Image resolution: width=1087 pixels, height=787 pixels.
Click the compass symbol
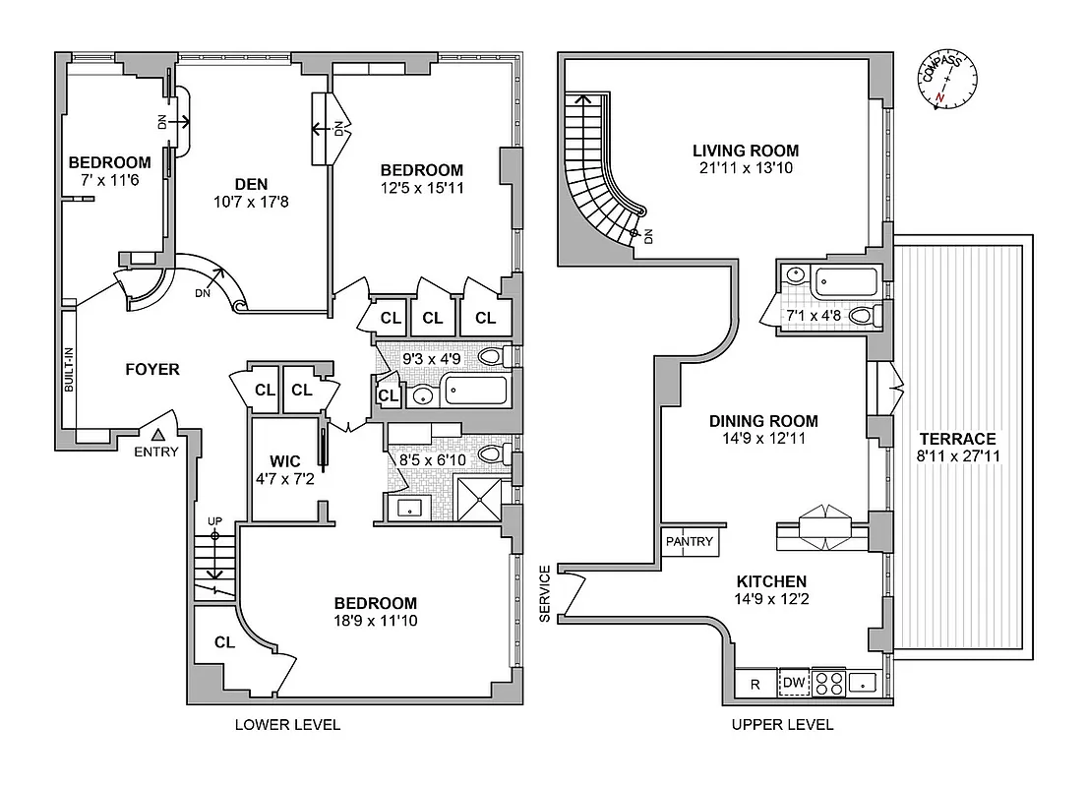click(946, 83)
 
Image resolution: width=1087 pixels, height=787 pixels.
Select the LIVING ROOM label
click(745, 151)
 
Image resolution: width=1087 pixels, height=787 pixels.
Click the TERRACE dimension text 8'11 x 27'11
click(958, 456)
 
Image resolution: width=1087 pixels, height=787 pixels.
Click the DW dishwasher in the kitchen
click(793, 683)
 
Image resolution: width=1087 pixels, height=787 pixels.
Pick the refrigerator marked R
click(755, 683)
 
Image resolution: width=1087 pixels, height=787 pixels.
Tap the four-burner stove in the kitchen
click(829, 683)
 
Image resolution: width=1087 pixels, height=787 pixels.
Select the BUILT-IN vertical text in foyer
click(69, 370)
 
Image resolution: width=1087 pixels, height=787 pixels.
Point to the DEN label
click(252, 183)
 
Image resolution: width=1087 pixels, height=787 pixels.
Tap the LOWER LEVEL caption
click(287, 725)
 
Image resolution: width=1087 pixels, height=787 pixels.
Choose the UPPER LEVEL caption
click(782, 725)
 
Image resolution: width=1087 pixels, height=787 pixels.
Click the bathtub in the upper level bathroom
click(846, 282)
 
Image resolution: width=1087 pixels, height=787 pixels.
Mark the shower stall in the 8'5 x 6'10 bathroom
click(481, 501)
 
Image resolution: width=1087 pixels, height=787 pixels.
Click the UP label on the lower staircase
click(213, 520)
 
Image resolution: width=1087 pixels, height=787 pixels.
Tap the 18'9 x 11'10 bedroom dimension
click(375, 622)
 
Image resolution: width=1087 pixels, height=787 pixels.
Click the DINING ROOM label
click(763, 421)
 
